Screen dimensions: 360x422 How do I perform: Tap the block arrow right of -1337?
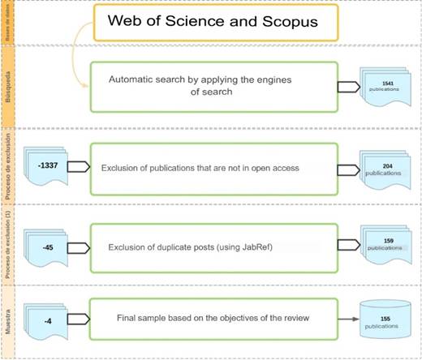78,166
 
